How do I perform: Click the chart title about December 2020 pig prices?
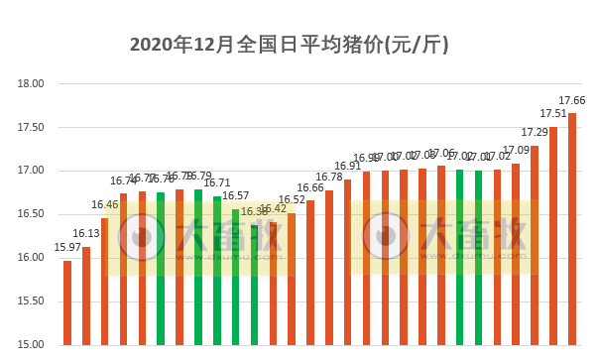point(290,45)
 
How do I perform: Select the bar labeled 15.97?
point(67,302)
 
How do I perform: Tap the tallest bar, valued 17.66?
point(572,228)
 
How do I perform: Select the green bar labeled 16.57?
point(236,277)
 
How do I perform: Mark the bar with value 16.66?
point(310,273)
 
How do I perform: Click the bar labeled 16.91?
point(347,262)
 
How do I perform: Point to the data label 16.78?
point(329,178)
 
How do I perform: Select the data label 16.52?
point(292,199)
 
